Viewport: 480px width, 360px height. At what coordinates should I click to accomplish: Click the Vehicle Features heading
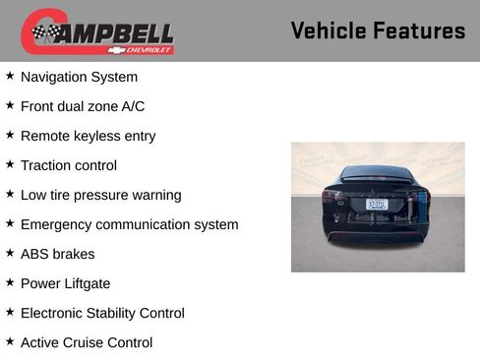coord(378,30)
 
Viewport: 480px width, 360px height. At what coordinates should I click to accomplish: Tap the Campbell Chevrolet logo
coord(97,31)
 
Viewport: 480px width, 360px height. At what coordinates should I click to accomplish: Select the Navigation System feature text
coord(79,77)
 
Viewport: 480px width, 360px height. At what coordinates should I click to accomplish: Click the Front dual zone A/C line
coord(82,106)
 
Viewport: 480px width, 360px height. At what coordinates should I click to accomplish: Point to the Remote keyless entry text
coord(88,136)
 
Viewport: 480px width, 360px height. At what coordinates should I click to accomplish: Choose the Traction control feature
coord(68,165)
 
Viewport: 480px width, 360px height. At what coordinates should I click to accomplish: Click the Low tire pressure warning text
coord(100,195)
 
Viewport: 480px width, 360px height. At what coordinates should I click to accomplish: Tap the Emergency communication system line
coord(129,224)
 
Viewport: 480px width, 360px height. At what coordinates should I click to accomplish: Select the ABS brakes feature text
coord(57,254)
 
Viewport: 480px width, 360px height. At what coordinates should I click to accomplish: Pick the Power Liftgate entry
coord(65,283)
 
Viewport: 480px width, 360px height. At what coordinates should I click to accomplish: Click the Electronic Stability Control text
coord(102,313)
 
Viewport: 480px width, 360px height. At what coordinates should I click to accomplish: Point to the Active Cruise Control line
coord(87,342)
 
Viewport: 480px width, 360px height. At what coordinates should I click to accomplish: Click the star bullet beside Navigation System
coord(10,75)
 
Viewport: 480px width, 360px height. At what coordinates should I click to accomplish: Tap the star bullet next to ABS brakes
coord(10,252)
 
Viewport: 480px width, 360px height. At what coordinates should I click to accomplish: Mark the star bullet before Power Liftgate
coord(10,281)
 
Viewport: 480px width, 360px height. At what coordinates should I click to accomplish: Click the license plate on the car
coord(377,204)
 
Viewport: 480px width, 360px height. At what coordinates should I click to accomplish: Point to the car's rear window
coord(377,174)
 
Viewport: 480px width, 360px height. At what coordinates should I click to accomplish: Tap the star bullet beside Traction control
coord(10,163)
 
